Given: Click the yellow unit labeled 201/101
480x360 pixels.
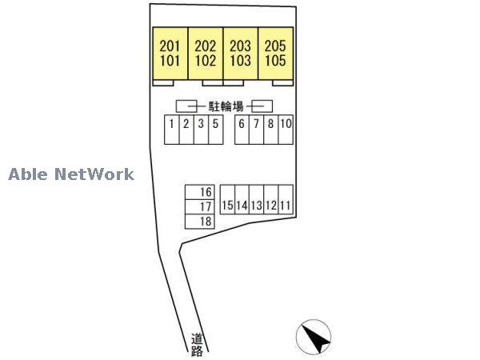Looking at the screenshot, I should click(170, 53).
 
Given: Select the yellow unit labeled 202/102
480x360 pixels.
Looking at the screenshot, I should click(206, 53).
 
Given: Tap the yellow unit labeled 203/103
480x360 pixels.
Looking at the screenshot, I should click(240, 53).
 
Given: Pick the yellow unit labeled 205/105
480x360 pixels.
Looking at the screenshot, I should click(275, 53).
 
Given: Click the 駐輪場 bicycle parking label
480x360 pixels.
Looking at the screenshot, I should click(226, 106).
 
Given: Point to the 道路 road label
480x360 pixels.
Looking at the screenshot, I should click(197, 344).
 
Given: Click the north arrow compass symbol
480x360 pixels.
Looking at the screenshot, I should click(314, 338).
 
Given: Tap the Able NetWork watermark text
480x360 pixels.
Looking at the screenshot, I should click(71, 174).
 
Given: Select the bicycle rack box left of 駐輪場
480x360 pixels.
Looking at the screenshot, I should click(186, 106).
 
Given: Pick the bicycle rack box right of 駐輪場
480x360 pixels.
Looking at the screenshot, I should click(264, 106).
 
